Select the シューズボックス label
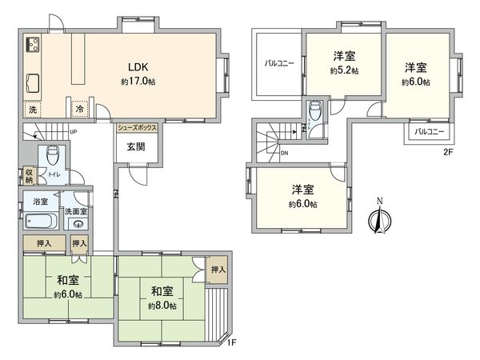click(138, 126)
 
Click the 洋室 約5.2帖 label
click(344, 62)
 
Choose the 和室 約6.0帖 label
click(68, 286)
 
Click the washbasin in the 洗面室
click(78, 224)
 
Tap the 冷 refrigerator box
click(80, 108)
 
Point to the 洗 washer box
click(33, 108)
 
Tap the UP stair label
click(74, 132)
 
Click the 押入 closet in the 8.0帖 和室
click(218, 270)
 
